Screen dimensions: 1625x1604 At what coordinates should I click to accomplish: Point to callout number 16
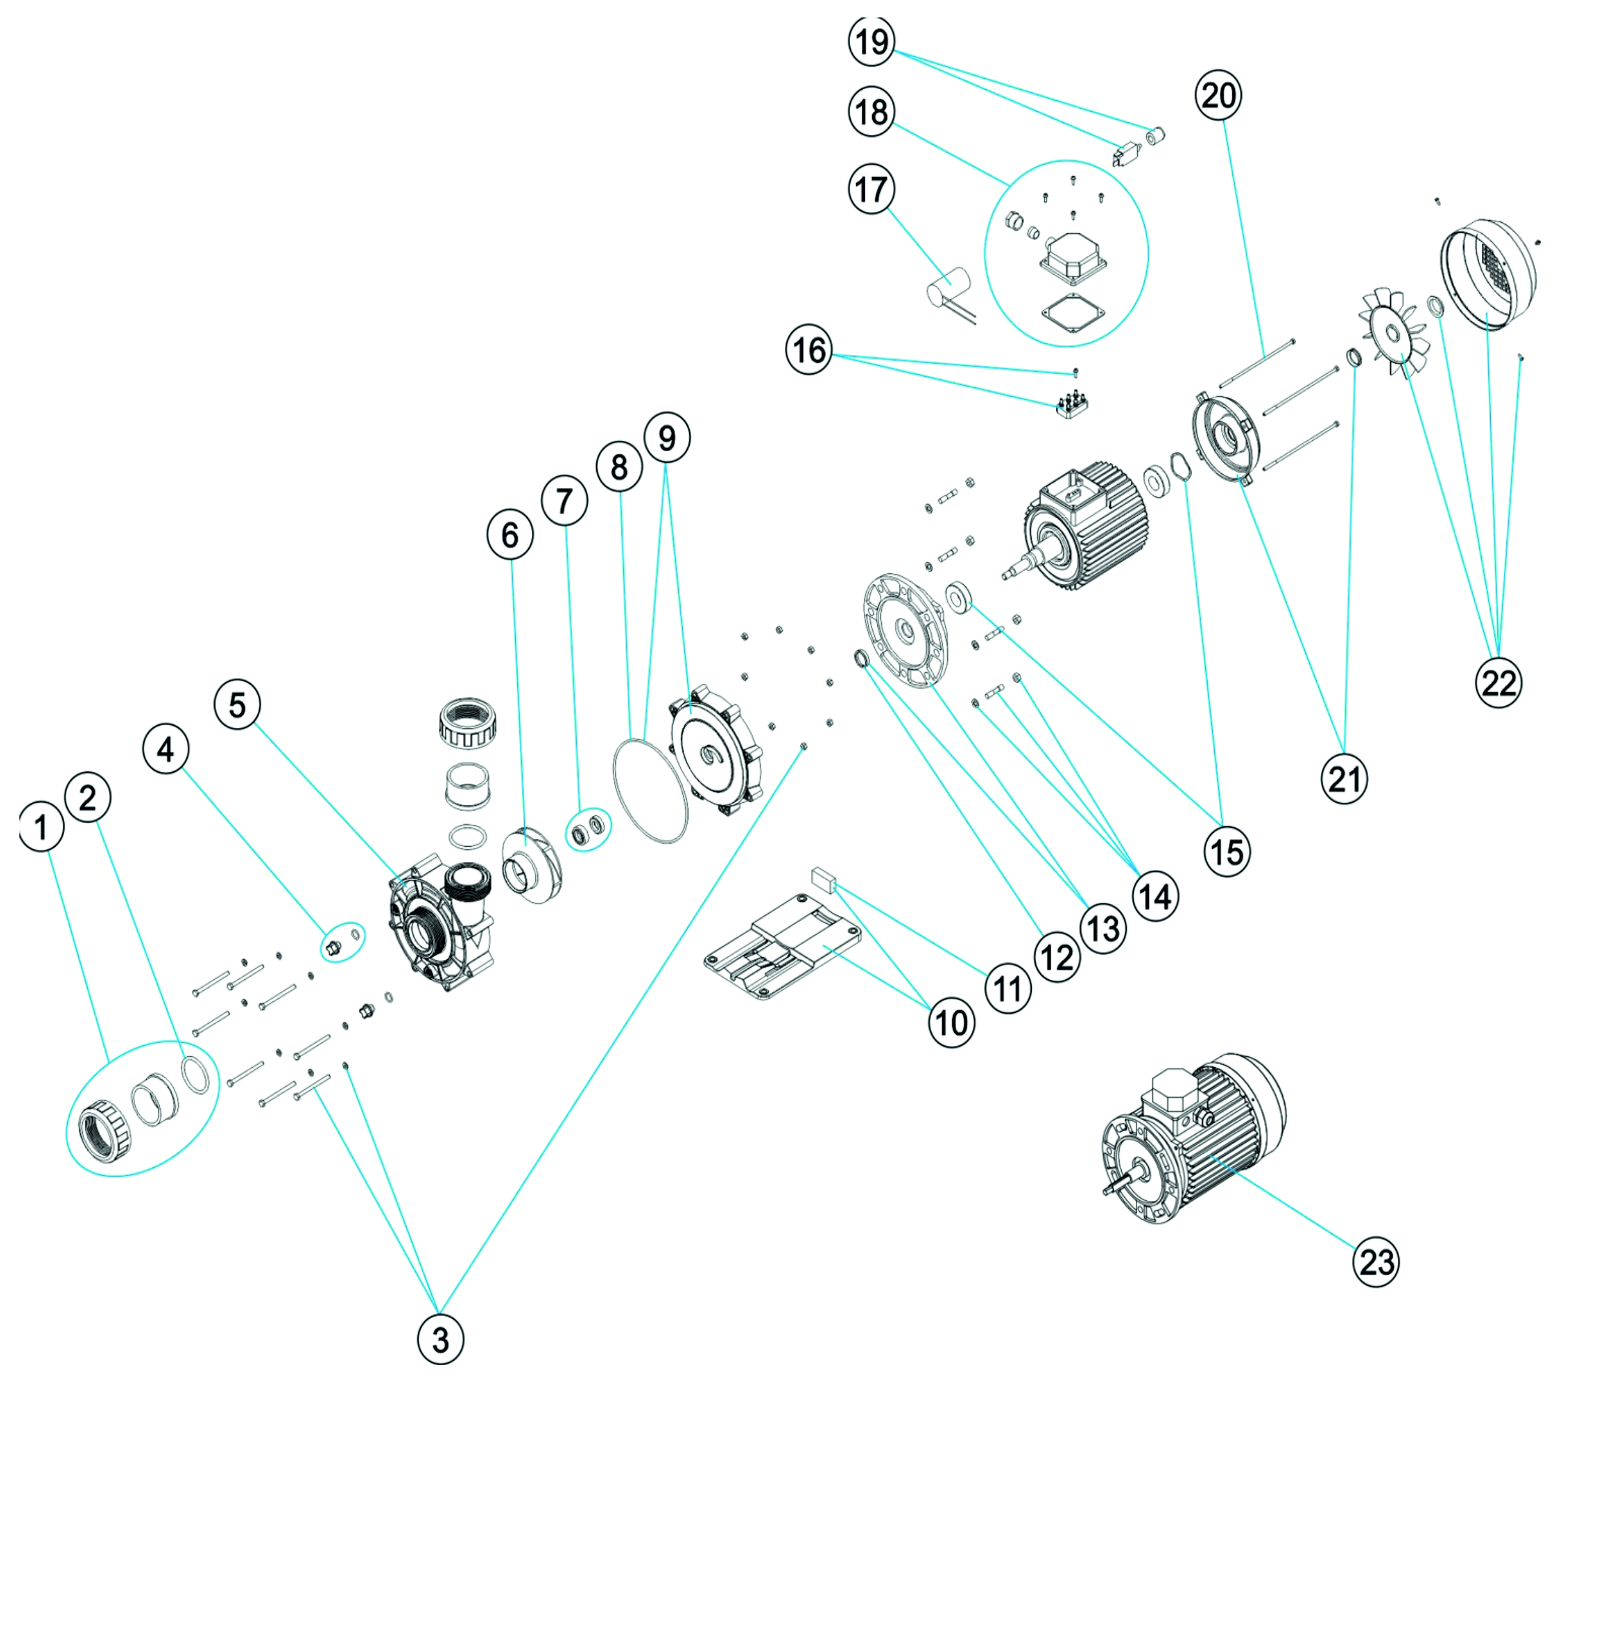[x=809, y=350]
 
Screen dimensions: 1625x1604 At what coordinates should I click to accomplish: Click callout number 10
[x=951, y=1023]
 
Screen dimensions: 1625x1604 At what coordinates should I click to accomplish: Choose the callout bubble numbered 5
[x=238, y=705]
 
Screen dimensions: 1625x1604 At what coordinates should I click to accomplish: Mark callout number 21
[x=1344, y=780]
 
